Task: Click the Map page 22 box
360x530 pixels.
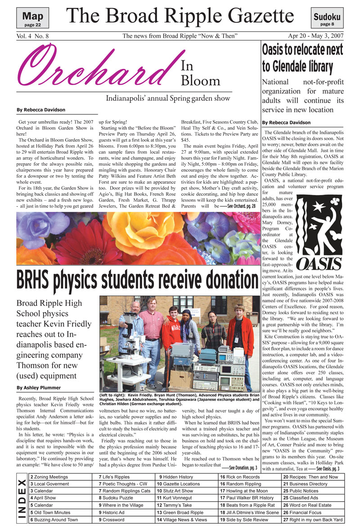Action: coord(32,19)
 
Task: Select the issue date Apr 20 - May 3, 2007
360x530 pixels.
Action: coord(315,36)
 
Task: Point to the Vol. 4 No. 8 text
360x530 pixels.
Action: coord(34,36)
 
